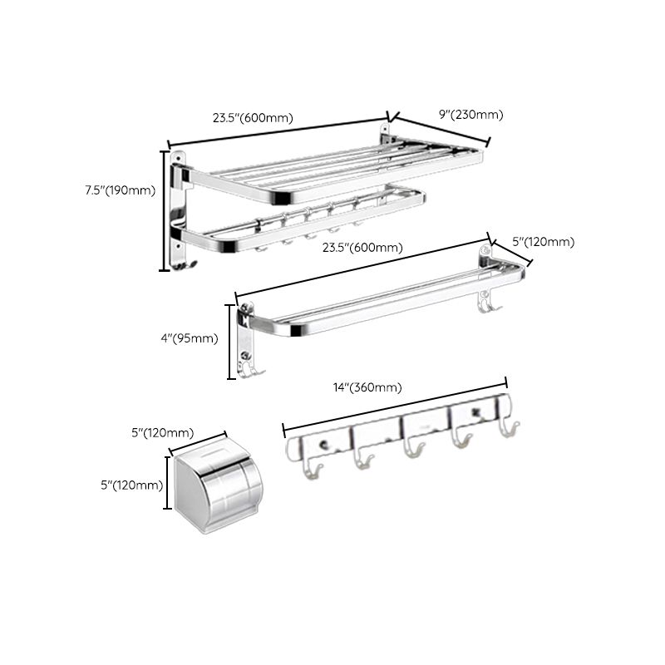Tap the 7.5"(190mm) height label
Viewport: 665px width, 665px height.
click(121, 190)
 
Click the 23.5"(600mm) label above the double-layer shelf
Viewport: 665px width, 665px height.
click(253, 117)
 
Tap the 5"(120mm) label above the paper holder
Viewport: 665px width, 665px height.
click(163, 432)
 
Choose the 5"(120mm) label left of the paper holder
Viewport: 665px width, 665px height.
click(131, 485)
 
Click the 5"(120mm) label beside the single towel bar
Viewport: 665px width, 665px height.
click(543, 242)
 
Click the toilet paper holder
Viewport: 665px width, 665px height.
click(216, 486)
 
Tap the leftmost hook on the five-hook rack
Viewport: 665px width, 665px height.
click(315, 470)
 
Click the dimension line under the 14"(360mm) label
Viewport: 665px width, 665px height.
click(395, 406)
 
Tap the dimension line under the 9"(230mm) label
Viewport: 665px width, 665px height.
click(441, 131)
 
